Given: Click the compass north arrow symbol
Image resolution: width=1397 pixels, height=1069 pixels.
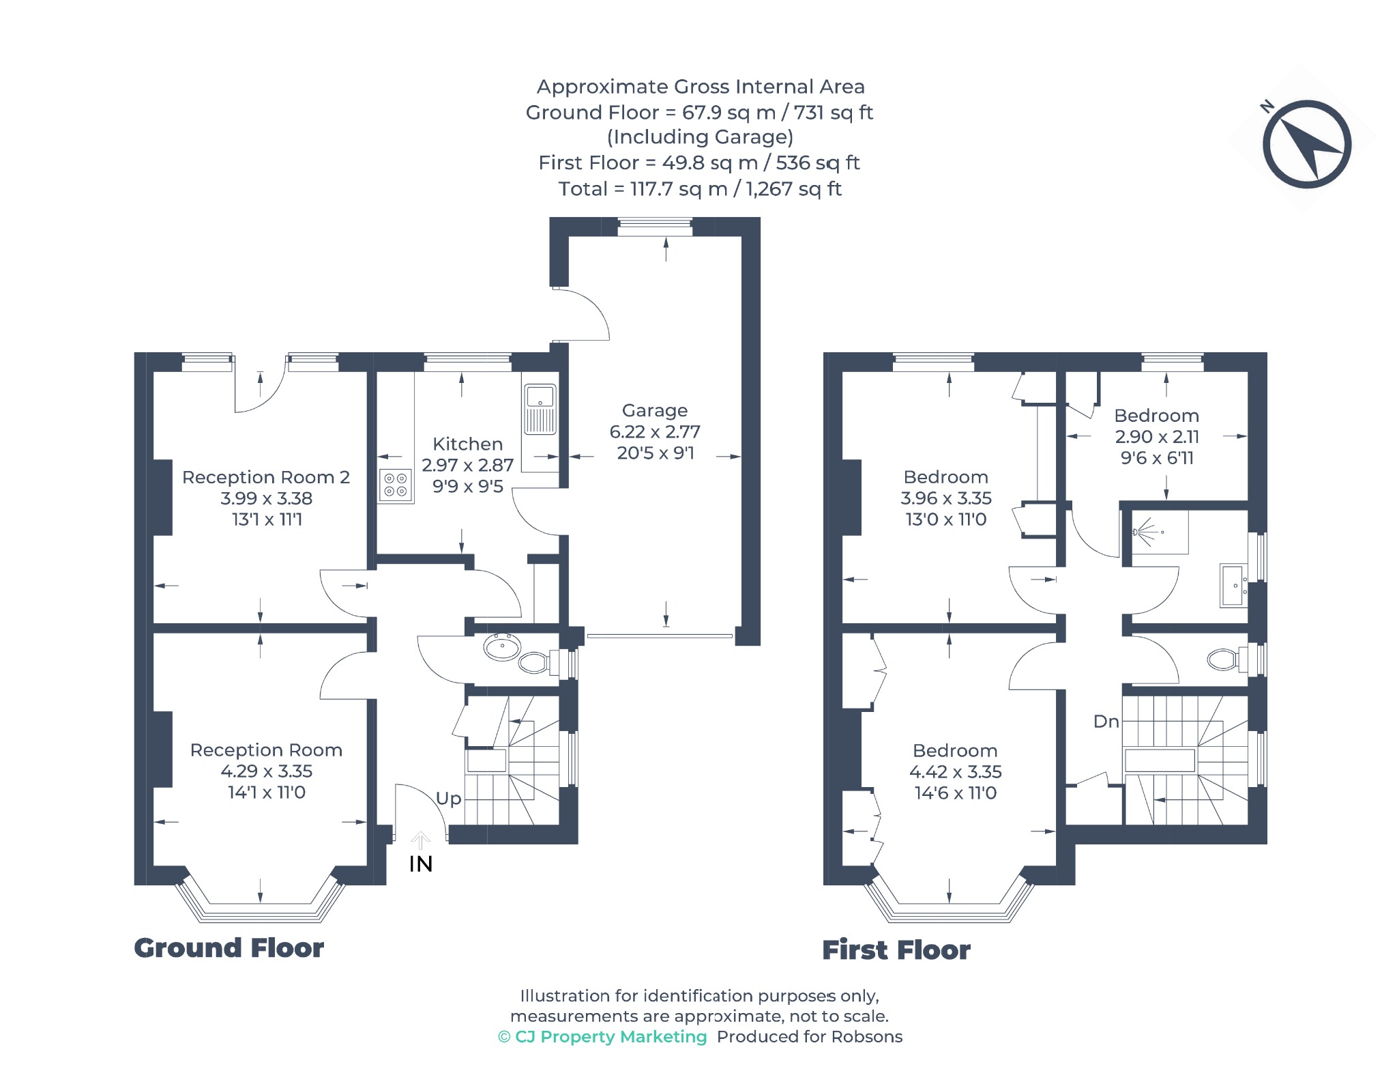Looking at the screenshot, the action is point(1306,143).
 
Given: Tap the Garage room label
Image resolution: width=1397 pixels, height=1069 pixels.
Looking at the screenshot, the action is point(655,410).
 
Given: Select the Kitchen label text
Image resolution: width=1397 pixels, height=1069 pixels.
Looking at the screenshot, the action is point(468,444).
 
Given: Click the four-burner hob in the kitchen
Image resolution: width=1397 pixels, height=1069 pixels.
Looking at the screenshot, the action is point(396,485).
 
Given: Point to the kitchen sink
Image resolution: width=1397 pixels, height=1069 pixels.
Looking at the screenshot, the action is point(540,409).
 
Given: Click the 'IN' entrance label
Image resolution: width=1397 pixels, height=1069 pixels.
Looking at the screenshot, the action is point(421,864).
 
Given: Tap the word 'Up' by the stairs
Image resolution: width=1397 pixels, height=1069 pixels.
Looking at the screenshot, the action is point(449,799).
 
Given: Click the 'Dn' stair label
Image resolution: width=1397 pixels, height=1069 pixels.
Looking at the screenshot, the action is point(1106,722).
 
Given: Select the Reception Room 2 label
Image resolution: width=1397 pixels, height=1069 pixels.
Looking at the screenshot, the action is point(266,477).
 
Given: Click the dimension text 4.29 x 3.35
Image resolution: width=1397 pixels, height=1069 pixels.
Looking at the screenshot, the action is point(267,771).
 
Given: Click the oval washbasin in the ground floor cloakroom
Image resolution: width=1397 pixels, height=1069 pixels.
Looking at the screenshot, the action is point(503,647).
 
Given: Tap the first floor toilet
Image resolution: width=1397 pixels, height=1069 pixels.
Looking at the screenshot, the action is point(1229,659).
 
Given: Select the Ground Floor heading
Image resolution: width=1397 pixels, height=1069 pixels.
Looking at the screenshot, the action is point(229,948).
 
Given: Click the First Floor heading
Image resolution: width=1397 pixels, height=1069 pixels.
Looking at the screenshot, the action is point(896,950).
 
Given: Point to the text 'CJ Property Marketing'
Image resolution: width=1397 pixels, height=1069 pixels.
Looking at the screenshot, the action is point(611,1037).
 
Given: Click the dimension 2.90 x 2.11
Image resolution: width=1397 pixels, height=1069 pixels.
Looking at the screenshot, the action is point(1157,437).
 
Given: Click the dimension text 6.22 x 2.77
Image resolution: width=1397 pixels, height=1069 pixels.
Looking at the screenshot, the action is point(655,432).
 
